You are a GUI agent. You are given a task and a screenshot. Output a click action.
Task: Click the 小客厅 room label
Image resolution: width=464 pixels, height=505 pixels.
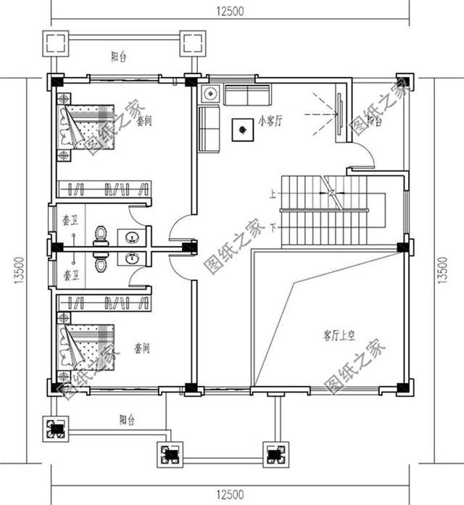(270, 122)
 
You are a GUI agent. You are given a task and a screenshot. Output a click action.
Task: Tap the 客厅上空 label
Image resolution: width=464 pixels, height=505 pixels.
(339, 335)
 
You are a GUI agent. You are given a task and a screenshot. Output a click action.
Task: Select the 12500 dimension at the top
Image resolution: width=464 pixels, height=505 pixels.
(229, 9)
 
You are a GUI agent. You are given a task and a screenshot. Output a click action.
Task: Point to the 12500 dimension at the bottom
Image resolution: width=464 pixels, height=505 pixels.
(229, 496)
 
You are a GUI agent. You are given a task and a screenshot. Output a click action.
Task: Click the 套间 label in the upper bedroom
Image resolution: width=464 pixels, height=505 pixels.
(143, 120)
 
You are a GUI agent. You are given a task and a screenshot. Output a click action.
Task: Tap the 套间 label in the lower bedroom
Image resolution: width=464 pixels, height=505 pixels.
(142, 348)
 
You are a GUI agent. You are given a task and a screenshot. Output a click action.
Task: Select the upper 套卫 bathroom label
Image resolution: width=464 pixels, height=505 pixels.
(70, 218)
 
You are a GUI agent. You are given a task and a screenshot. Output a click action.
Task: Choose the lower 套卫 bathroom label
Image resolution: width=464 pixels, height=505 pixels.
(70, 275)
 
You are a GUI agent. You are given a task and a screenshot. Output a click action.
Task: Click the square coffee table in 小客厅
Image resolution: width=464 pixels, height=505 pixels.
(239, 130)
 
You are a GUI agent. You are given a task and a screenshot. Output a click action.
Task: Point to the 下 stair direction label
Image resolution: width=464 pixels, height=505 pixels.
(273, 227)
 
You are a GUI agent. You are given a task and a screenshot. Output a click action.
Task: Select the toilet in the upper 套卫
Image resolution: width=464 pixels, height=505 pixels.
(100, 236)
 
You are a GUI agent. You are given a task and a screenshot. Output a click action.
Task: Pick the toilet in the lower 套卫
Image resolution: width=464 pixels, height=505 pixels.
(100, 262)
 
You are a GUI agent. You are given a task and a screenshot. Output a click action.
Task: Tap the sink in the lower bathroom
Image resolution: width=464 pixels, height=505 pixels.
(131, 258)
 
